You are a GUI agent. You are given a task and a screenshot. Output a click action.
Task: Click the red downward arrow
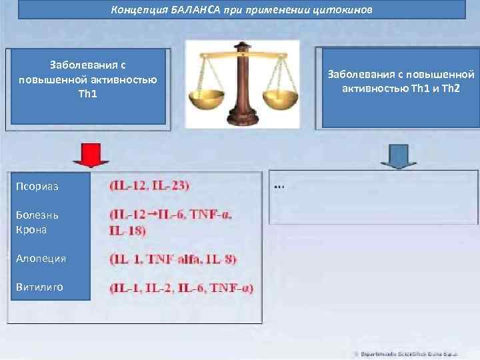point(91,156)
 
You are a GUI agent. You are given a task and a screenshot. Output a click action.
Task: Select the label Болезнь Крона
point(37,222)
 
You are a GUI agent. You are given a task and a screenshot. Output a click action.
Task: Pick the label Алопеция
point(41,259)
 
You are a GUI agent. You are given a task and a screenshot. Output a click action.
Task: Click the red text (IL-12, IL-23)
point(149,185)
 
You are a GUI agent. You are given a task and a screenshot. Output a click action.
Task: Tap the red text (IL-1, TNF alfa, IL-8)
point(173,259)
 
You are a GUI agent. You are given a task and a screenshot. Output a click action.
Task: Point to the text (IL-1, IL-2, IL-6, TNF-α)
point(181,288)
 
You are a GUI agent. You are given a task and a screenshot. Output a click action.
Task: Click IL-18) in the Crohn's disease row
point(127,231)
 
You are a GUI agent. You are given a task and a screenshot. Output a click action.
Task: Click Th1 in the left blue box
point(88,93)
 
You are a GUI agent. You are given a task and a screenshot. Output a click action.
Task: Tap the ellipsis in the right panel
point(279,187)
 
